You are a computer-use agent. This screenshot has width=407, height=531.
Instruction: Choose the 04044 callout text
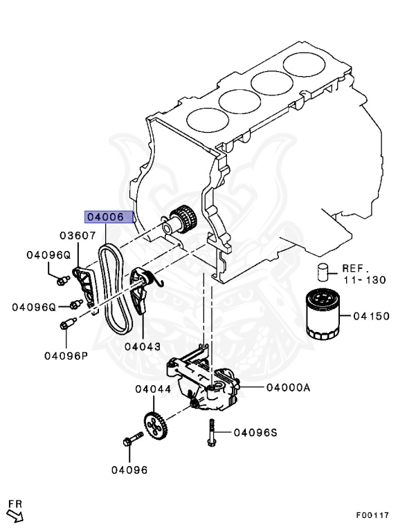tap(153, 390)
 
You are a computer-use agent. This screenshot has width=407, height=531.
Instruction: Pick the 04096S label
tap(255, 433)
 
